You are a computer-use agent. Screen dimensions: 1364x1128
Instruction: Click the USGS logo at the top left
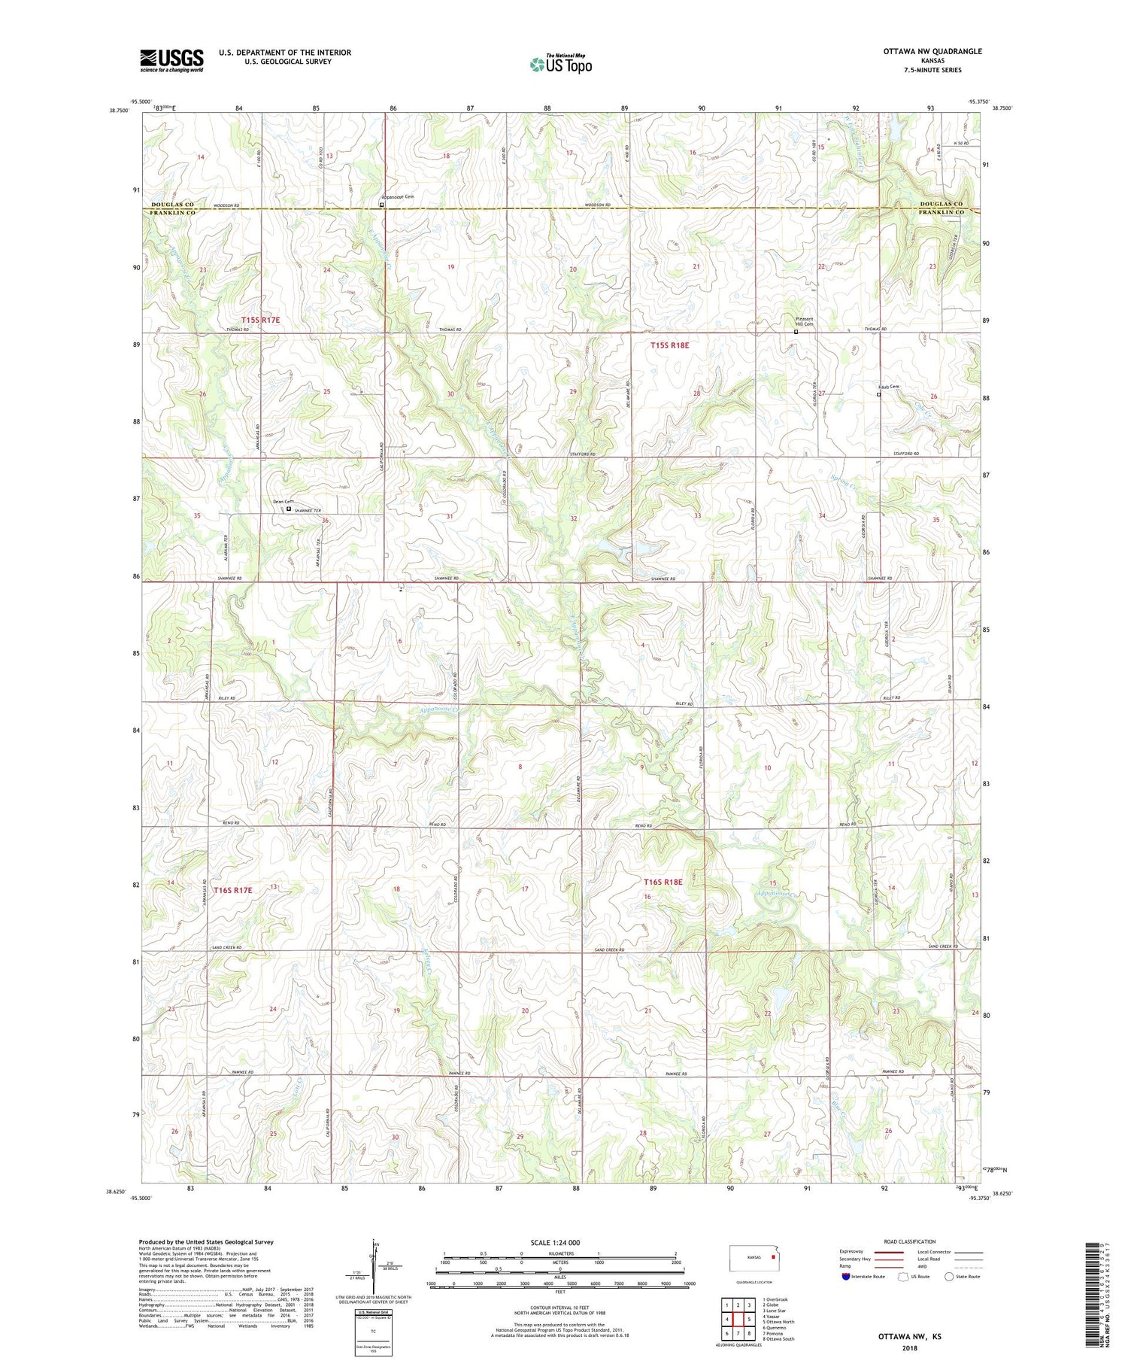pos(171,60)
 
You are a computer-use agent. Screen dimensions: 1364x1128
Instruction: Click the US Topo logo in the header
pos(560,65)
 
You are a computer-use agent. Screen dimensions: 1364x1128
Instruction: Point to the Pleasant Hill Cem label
pos(804,321)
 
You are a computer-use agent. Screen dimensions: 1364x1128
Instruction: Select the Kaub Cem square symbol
pos(878,393)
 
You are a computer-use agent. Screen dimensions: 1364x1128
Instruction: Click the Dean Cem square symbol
pos(289,509)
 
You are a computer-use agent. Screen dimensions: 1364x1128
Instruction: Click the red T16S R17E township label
pos(232,890)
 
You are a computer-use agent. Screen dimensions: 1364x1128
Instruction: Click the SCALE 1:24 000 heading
pos(556,1242)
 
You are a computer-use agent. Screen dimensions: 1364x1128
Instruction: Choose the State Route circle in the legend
pos(949,1276)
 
